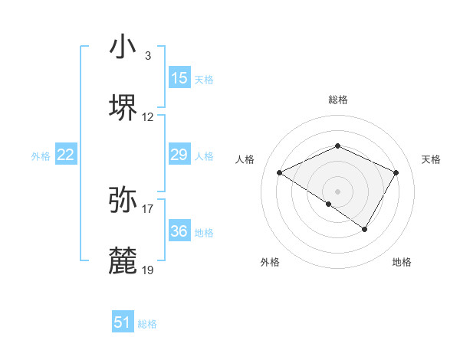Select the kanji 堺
[x=123, y=108]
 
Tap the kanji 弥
[x=123, y=198]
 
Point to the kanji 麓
[x=123, y=260]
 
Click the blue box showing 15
[x=179, y=78]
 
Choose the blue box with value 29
[x=179, y=155]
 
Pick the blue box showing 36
[x=179, y=231]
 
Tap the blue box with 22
[x=66, y=155]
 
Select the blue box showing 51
[x=123, y=322]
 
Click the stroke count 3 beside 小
[x=147, y=56]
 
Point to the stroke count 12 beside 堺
[x=148, y=118]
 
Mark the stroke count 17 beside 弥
[x=148, y=208]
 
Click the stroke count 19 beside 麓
[x=148, y=270]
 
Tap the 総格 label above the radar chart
[x=338, y=100]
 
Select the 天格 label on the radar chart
[x=431, y=159]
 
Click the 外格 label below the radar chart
[x=270, y=262]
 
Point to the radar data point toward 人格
[x=280, y=173]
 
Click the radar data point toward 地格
[x=365, y=229]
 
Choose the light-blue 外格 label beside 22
[x=41, y=156]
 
